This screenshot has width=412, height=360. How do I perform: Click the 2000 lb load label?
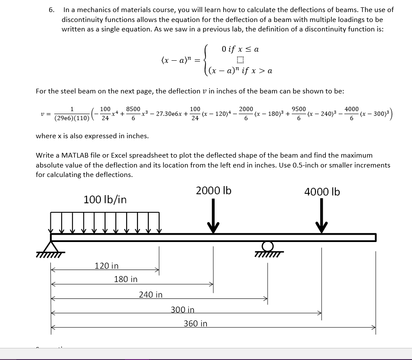[x=213, y=190]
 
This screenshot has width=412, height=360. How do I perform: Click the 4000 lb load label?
[x=322, y=192]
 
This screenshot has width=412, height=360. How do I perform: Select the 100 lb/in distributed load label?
[x=105, y=199]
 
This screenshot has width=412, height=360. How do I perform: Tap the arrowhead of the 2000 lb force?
[x=213, y=227]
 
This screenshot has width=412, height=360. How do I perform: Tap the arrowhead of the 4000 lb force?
[x=321, y=227]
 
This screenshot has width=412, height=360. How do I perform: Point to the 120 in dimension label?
[x=106, y=266]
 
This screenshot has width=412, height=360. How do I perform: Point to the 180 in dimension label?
[x=126, y=279]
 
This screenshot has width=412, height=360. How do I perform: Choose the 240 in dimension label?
[x=150, y=295]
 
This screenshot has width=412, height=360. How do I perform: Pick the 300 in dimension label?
[x=182, y=310]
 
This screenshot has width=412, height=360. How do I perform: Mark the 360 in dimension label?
[x=195, y=323]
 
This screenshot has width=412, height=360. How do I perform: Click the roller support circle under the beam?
[x=268, y=246]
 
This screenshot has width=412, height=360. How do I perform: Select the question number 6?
[x=51, y=9]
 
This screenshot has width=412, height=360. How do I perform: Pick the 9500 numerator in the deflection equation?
[x=299, y=109]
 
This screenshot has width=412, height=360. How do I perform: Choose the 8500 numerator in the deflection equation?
[x=133, y=109]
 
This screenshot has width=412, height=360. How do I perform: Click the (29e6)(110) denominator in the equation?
[x=72, y=118]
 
